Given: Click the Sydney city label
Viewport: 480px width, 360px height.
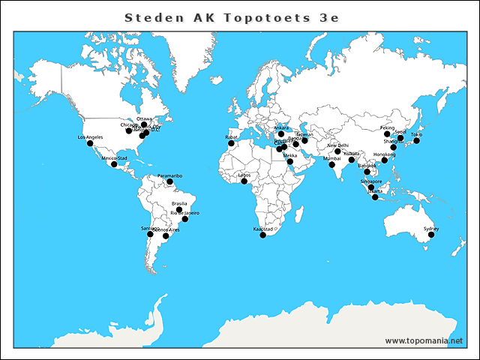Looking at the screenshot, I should (430, 228).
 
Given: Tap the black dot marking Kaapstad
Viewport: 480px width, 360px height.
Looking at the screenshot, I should (263, 235).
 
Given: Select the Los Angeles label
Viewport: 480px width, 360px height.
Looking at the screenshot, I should (90, 137).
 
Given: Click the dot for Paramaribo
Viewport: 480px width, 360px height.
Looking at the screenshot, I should (170, 181).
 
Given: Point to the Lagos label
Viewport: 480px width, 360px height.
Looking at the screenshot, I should (244, 175).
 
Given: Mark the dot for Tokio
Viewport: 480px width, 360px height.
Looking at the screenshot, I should (417, 140).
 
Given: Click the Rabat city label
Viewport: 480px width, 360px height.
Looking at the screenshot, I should (231, 137).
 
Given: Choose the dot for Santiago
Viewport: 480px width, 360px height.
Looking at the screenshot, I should (150, 234).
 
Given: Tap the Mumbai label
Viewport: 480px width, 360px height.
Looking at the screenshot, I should (331, 159).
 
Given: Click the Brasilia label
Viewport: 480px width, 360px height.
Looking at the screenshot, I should (179, 204).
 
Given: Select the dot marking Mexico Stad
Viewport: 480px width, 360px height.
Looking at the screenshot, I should (114, 163).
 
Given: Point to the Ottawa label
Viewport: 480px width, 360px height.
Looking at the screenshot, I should (144, 118).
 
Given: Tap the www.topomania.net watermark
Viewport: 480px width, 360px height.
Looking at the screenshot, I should (424, 340).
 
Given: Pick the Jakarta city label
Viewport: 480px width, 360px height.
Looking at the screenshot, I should (374, 190).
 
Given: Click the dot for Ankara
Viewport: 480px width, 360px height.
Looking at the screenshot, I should (281, 134).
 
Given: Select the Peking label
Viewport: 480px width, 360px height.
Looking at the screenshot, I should (387, 128).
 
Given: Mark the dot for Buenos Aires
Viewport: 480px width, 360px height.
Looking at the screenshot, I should (166, 236).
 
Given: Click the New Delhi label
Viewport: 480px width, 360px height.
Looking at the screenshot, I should (338, 145).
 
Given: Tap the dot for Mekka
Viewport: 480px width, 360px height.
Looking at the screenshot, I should (290, 161).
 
